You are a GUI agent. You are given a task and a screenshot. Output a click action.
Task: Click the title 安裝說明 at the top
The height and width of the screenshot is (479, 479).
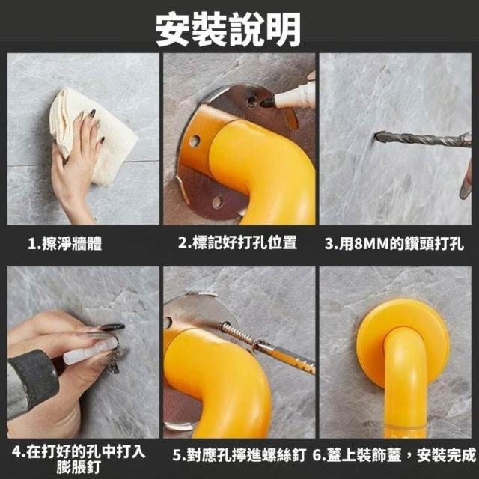click(228, 30)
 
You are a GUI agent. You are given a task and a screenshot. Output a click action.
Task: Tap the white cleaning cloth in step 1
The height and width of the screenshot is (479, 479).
click(91, 135)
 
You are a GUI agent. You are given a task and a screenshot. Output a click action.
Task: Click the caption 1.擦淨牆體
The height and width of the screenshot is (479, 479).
click(65, 244)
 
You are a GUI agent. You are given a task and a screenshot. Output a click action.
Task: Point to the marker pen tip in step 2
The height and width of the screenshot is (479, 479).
click(266, 103)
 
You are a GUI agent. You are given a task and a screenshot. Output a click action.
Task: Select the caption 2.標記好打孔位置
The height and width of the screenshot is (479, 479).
click(237, 243)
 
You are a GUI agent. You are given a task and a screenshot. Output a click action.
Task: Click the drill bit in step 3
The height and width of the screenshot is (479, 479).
click(421, 141)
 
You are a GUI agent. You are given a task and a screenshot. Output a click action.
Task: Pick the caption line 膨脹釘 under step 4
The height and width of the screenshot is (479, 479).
click(79, 467)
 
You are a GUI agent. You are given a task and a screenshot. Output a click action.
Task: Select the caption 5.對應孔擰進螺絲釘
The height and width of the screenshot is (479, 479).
click(239, 455)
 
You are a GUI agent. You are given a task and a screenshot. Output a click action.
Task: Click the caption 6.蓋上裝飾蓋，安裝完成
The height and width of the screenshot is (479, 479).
click(394, 455)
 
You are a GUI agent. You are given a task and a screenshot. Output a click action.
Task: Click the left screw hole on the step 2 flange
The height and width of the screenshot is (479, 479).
click(195, 141)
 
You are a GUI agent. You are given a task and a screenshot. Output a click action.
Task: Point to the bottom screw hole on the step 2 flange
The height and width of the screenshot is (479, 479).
click(218, 201)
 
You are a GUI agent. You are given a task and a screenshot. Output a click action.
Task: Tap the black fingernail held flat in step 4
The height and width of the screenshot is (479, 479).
click(112, 327)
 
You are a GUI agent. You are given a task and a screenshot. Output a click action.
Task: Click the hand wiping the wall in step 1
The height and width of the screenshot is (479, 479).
click(75, 165)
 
